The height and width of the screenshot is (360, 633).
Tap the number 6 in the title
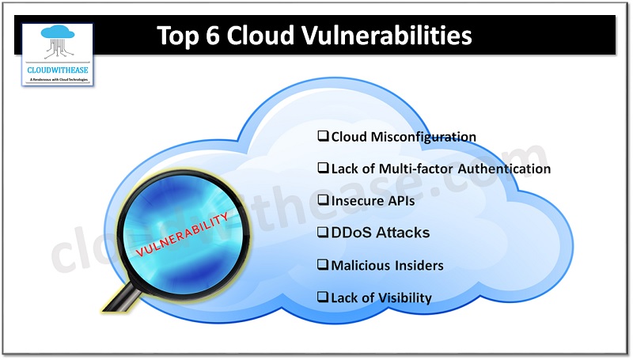209,36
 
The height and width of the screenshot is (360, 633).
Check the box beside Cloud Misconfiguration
323,136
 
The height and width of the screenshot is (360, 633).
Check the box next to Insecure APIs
323,201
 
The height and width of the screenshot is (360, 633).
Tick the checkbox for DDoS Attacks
323,233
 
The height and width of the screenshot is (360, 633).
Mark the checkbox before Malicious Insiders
323,265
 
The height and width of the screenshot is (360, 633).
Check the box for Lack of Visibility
323,297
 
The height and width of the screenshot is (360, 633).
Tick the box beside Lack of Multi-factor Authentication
323,169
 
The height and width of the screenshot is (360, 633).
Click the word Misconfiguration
423,137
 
